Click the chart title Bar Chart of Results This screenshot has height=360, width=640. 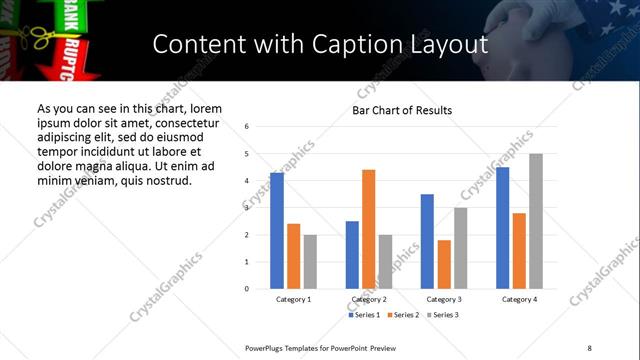402,110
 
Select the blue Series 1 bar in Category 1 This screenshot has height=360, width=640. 277,231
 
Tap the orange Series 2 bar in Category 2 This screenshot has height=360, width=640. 368,229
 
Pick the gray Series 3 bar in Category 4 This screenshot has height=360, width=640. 536,221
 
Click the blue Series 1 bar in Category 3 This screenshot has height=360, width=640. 427,241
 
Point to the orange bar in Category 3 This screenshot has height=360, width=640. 444,264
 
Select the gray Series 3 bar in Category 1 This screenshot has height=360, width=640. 310,262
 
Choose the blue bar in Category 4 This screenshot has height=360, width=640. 502,228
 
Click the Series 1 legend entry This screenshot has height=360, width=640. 365,315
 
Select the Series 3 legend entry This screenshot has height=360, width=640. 443,315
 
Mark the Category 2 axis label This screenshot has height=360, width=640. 368,299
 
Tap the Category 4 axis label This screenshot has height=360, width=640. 519,299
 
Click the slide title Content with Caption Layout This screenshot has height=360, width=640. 320,44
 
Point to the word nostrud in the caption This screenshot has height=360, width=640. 168,181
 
